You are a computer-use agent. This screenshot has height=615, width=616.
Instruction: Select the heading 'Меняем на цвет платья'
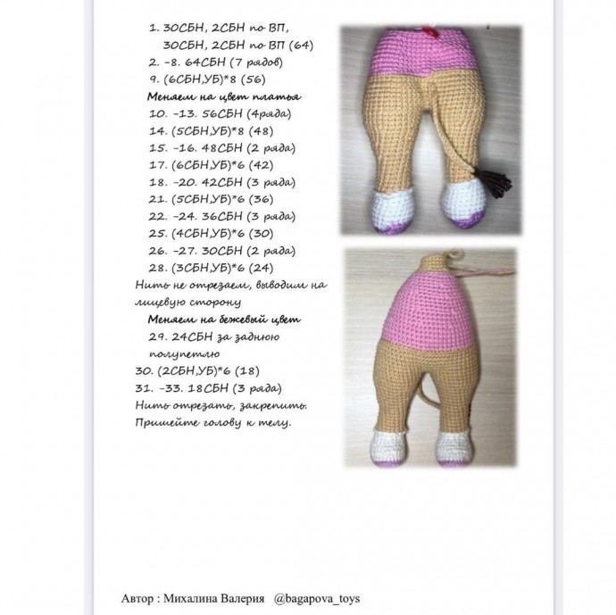[224, 96]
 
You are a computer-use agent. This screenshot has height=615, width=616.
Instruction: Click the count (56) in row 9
[247, 79]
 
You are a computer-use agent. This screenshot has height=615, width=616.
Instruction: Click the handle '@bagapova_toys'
[317, 598]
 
